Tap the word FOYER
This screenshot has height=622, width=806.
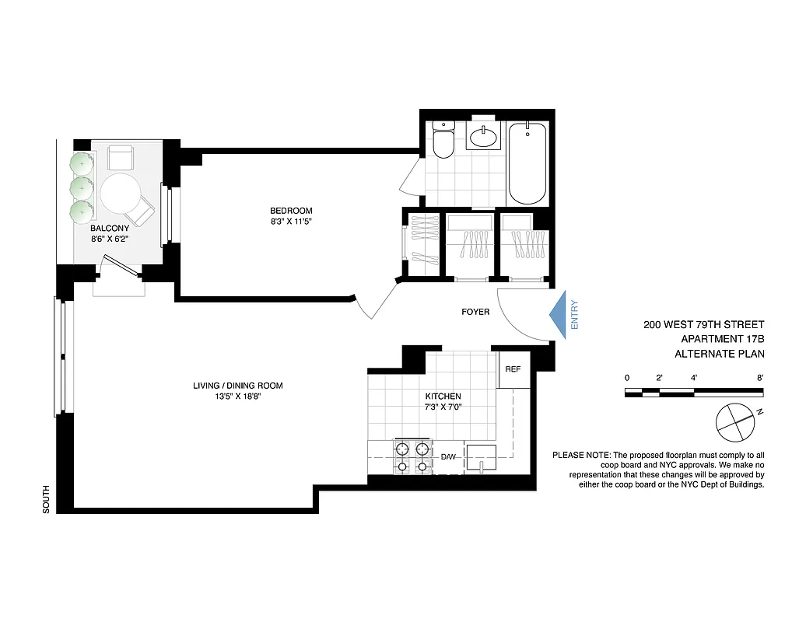coord(475,312)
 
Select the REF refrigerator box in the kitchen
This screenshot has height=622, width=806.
coord(513,370)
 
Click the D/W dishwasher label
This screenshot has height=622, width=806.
coord(448,457)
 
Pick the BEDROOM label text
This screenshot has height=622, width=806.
coord(291,211)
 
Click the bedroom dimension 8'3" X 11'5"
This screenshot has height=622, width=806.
coord(291,222)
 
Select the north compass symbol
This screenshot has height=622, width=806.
coord(734,420)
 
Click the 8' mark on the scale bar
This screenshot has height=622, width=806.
coord(760,377)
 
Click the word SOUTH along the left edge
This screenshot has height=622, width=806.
coord(46,499)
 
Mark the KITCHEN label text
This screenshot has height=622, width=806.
coord(443,396)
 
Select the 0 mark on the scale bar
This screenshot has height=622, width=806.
coord(626,377)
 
